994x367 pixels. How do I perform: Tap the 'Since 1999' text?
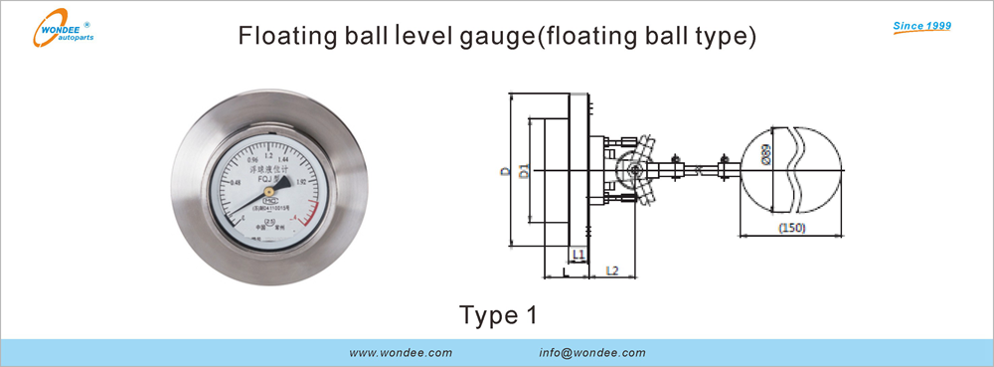click(x=923, y=24)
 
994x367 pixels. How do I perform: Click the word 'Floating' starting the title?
click(x=277, y=38)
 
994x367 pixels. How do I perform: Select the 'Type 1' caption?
click(x=498, y=315)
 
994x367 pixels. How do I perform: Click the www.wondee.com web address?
click(x=402, y=353)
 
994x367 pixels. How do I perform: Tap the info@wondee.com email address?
click(x=592, y=353)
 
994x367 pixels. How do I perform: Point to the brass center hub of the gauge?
click(x=268, y=190)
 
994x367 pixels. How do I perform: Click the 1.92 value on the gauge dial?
click(x=301, y=182)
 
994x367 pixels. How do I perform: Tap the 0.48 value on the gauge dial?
click(x=236, y=182)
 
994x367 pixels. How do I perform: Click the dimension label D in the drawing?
click(x=506, y=173)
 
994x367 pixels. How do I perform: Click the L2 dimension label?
click(x=613, y=270)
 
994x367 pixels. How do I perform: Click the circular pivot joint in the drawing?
click(x=633, y=171)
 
